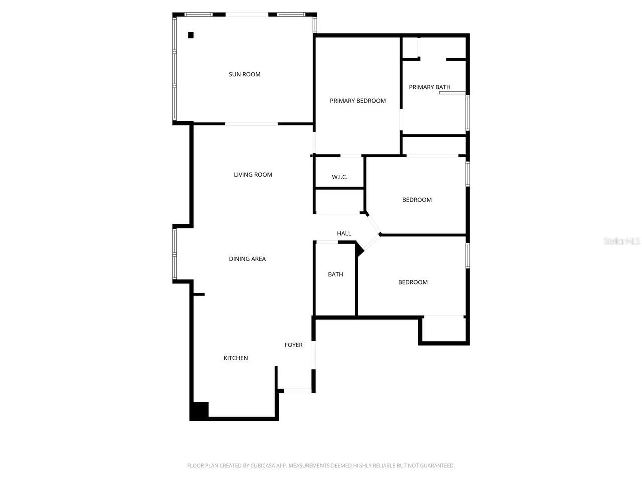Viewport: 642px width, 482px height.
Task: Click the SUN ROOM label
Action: tap(245, 74)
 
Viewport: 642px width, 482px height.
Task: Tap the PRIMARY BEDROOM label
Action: tap(358, 101)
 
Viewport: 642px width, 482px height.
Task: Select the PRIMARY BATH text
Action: tap(430, 87)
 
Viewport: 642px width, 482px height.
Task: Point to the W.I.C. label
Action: tap(340, 177)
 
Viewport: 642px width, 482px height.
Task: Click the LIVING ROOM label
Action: tap(253, 175)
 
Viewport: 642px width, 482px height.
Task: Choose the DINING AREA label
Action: tap(247, 259)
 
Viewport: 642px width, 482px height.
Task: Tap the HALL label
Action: tap(344, 233)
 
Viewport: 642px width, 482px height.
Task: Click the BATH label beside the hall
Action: tap(335, 274)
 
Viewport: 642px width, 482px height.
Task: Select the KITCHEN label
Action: tap(236, 358)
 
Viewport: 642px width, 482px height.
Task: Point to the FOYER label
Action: tap(294, 345)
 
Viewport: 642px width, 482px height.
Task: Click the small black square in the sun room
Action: tap(191, 35)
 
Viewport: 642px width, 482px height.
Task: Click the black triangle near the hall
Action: tap(359, 249)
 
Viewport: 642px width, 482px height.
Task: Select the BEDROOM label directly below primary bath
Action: tap(417, 200)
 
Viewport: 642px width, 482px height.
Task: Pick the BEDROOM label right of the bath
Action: tap(413, 282)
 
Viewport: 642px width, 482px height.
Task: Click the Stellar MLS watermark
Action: tap(622, 241)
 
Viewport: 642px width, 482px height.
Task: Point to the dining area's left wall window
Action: tap(175, 254)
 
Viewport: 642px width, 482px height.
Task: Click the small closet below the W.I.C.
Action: tap(339, 201)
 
